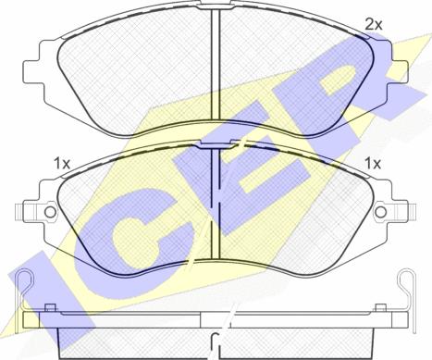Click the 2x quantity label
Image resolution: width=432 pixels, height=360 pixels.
374,24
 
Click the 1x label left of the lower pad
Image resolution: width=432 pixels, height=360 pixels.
62,163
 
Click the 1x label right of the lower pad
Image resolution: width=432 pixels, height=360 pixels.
373,163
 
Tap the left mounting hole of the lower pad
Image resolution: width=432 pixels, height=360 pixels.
50,212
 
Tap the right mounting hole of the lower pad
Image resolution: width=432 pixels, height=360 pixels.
381,212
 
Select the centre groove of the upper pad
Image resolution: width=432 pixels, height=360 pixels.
215,65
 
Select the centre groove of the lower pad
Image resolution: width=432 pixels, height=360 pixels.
215,204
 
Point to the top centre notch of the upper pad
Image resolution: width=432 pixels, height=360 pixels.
216,4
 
